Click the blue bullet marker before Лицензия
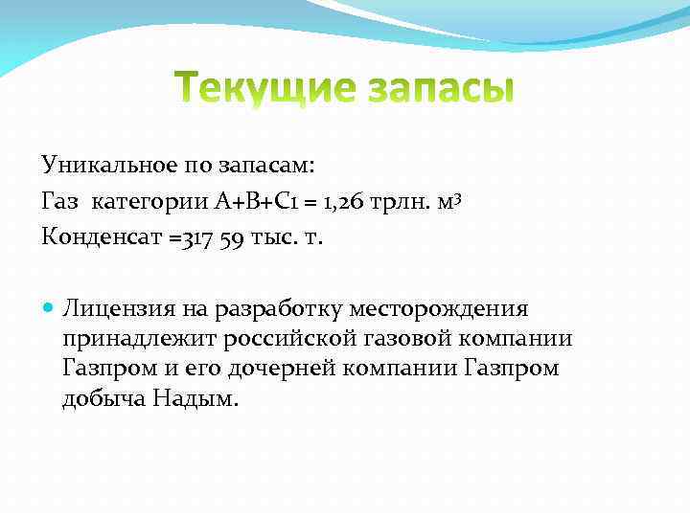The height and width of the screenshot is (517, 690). click(x=49, y=308)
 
